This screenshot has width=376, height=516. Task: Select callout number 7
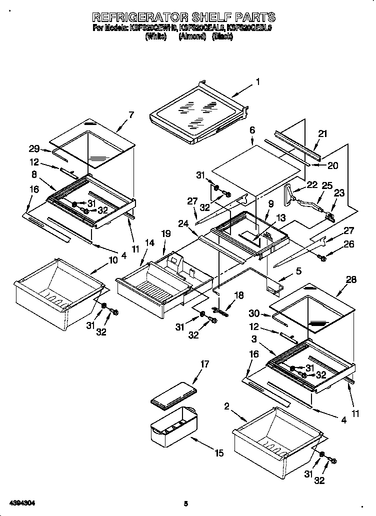coord(131,114)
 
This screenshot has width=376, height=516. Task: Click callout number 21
coord(322,133)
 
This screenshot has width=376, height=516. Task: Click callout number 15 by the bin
coord(218,453)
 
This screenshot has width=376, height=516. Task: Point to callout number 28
coord(351,279)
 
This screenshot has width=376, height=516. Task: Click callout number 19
coord(166,233)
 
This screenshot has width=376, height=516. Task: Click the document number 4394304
coord(21,501)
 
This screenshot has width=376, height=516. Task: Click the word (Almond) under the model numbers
coord(192,36)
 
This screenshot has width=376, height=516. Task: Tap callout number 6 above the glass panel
coord(252,129)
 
